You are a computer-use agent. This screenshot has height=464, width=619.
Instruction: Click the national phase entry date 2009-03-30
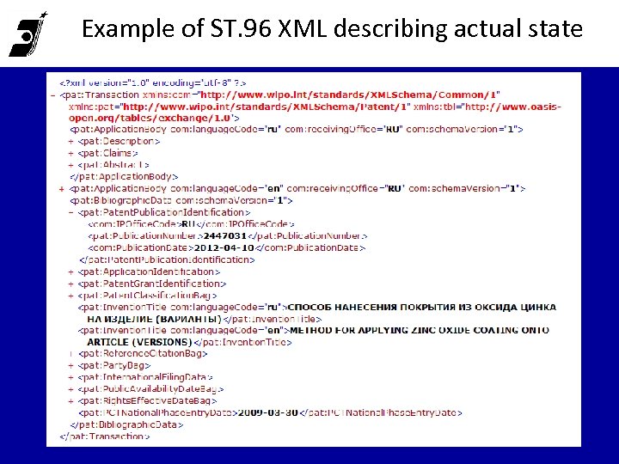coord(268,412)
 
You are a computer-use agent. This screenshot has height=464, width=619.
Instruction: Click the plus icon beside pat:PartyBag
coord(70,365)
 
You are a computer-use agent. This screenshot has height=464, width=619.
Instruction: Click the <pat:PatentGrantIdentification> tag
coord(151,283)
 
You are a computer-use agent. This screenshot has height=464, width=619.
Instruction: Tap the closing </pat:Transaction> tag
coord(103,436)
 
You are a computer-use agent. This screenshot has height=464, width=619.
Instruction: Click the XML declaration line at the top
coord(137,82)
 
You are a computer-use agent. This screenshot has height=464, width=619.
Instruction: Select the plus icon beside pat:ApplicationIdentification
coord(70,272)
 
